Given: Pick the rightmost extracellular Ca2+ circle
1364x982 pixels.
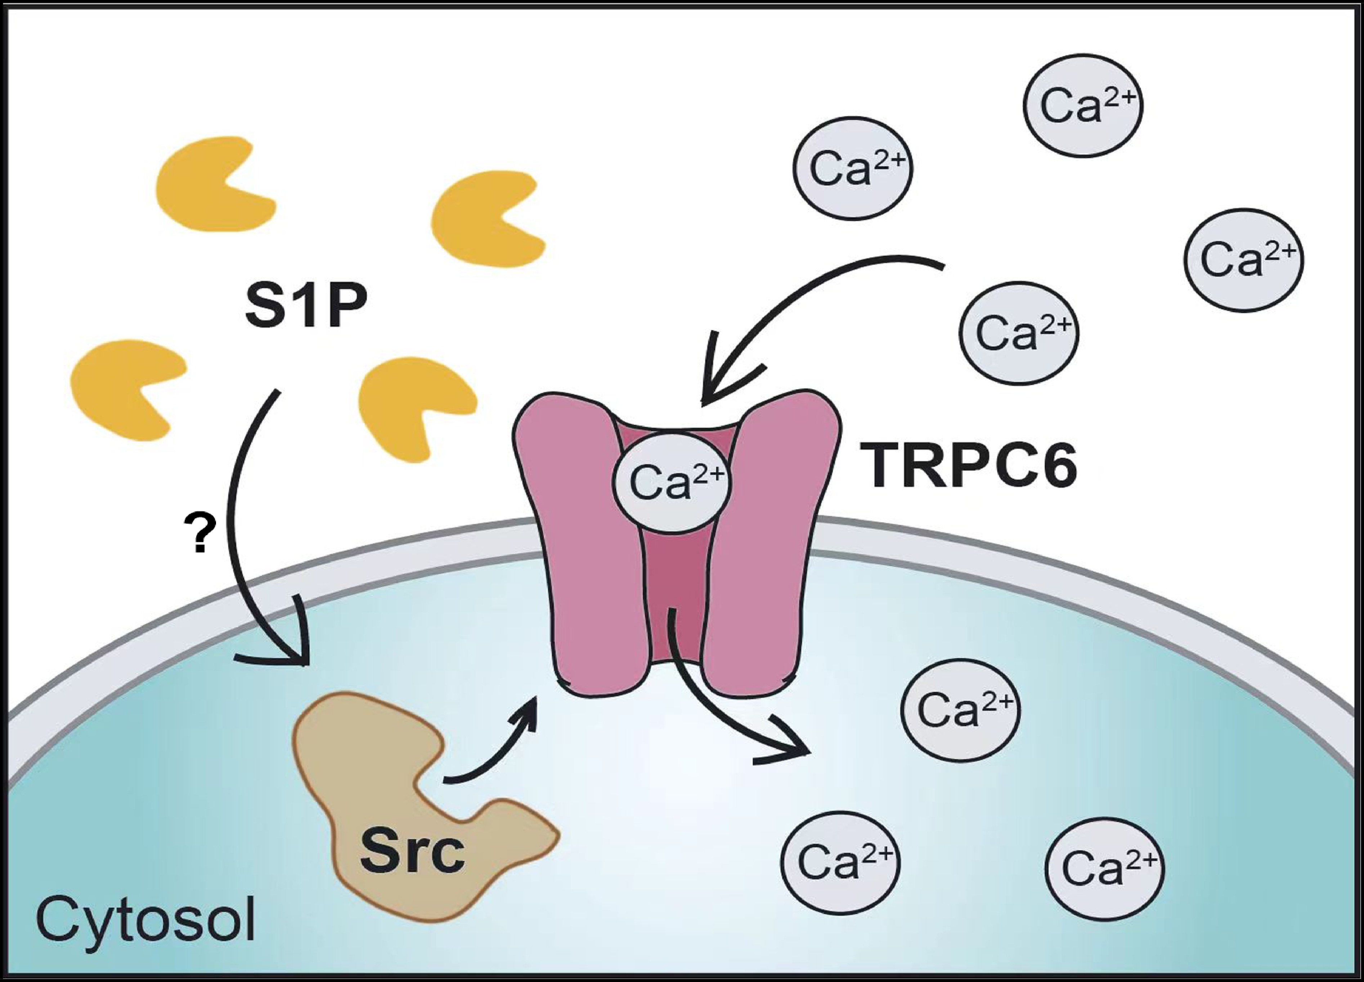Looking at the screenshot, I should pos(1243,260).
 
